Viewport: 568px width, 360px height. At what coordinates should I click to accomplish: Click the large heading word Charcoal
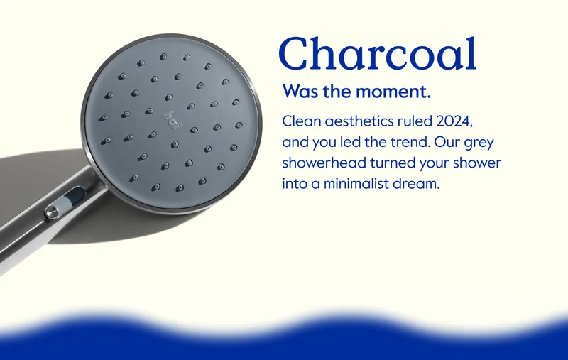[378, 53]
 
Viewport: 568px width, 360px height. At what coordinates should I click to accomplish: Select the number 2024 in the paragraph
[454, 121]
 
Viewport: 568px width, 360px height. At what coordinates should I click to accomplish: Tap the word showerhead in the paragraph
[324, 163]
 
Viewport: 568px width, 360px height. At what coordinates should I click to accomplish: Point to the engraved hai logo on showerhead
[171, 120]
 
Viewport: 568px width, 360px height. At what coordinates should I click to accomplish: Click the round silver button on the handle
[53, 211]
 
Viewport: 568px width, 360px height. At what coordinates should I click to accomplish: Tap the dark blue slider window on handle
[75, 196]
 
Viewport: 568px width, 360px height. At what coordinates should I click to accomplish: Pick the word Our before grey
[447, 142]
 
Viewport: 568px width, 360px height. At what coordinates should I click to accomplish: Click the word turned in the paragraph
[393, 163]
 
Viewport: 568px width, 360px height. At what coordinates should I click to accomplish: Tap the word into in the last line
[295, 184]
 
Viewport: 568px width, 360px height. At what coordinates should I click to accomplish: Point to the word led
[350, 142]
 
